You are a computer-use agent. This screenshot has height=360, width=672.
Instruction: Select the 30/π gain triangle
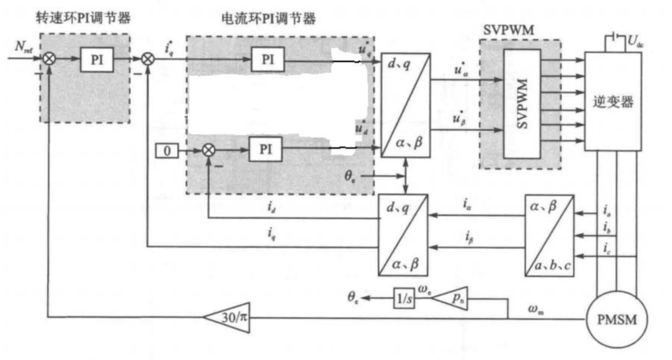click(x=227, y=316)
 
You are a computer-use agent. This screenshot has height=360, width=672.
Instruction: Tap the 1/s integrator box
click(x=404, y=295)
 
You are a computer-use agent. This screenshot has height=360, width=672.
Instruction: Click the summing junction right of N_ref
click(x=50, y=60)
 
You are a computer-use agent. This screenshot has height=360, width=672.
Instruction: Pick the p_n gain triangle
click(x=455, y=295)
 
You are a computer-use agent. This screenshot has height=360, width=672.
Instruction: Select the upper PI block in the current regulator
click(x=268, y=60)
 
